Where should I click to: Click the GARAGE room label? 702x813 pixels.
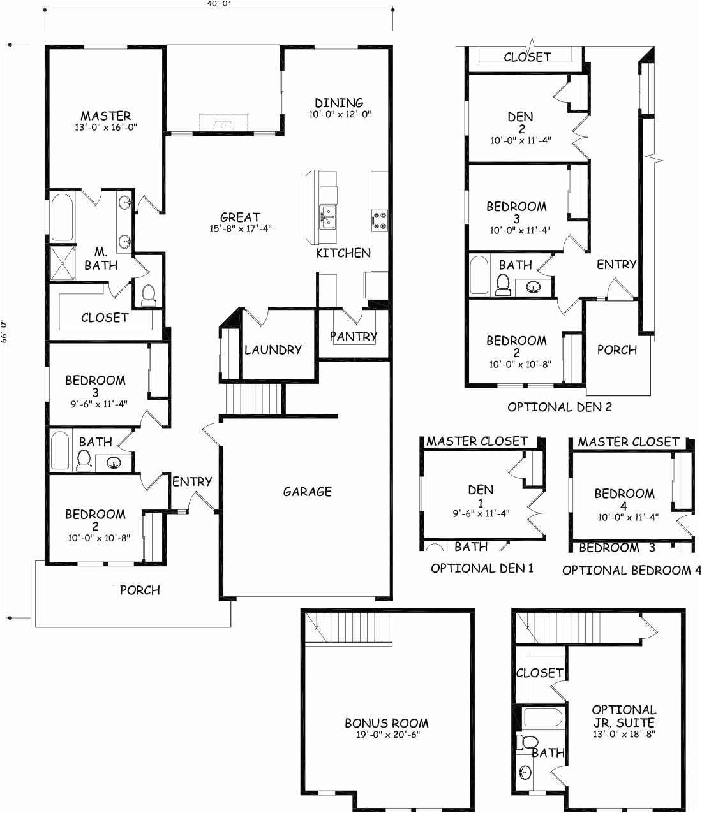pos(307,492)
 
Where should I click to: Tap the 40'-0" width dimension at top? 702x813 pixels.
pos(218,4)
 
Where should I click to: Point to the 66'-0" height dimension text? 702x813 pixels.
pos(5,332)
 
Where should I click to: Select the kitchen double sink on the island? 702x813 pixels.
pos(327,217)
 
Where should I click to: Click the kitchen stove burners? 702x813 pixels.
pos(380,220)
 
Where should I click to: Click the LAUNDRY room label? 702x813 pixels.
pos(273,349)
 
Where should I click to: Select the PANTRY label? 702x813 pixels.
pos(353,336)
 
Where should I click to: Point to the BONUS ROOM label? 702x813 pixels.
pos(386,723)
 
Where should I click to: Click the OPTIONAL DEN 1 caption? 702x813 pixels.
pos(482,568)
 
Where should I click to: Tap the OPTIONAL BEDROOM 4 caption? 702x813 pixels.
pos(627,570)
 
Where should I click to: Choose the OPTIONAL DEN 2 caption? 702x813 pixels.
pos(559,406)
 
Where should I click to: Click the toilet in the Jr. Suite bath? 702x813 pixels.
pos(527,742)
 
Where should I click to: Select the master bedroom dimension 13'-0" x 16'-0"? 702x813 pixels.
pos(106,127)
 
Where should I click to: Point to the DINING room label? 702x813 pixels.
pos(339,103)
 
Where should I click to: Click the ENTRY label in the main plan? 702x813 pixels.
pos(191,481)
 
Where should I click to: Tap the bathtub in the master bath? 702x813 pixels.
pos(63,218)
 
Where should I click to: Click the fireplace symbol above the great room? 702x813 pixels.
pos(223,122)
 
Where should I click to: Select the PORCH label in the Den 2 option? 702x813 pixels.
pos(616,349)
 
